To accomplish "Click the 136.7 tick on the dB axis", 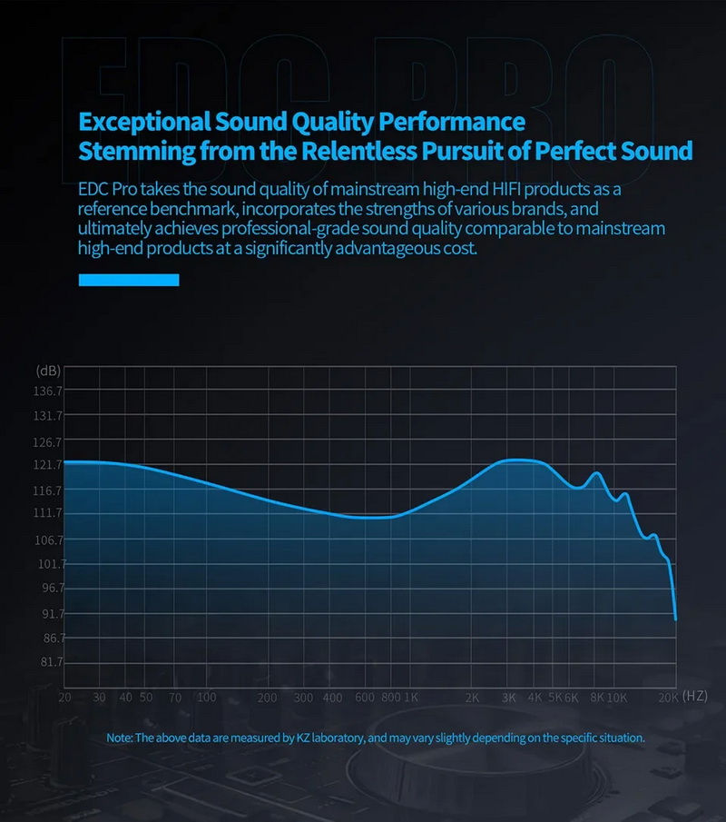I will click(x=48, y=391).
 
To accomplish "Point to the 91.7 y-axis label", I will click(x=48, y=613).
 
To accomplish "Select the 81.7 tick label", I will click(x=48, y=662).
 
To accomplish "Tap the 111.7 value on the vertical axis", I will click(x=48, y=513).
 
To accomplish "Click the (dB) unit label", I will click(x=48, y=371).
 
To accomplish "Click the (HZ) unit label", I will click(x=694, y=696).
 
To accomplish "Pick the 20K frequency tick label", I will click(x=668, y=698).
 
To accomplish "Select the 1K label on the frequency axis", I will click(x=410, y=698).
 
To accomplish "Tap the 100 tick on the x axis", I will click(x=206, y=698).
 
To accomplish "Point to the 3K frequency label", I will click(x=509, y=698).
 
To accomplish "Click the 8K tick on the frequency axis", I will click(x=596, y=698).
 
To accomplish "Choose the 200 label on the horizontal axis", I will click(x=267, y=698).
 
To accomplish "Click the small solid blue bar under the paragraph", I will click(x=129, y=280).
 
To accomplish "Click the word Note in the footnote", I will click(x=118, y=738).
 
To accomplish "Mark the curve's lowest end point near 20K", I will click(x=676, y=619).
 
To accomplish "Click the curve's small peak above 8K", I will click(x=596, y=473).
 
